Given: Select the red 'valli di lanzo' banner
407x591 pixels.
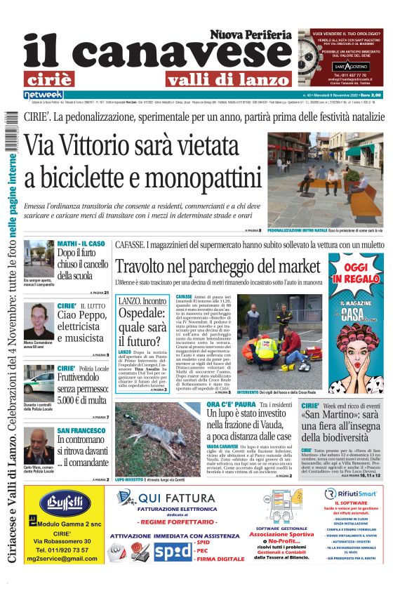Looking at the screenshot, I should coord(228,79).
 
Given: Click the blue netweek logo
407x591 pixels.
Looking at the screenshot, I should coord(44,94).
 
